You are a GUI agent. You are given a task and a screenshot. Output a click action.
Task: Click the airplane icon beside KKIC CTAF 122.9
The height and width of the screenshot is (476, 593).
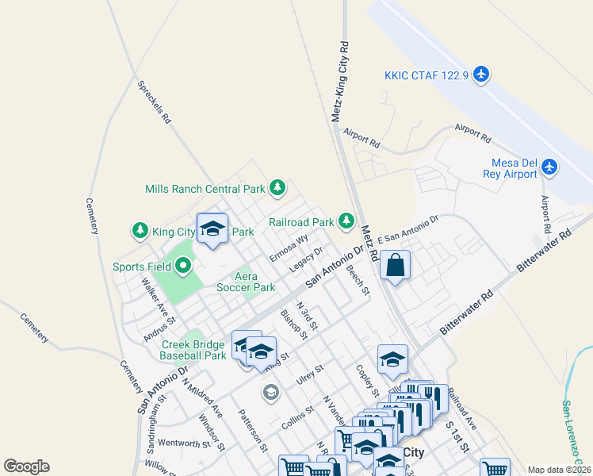tap(481, 75)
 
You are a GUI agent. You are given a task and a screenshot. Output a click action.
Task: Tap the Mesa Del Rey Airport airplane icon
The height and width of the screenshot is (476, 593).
tap(550, 167)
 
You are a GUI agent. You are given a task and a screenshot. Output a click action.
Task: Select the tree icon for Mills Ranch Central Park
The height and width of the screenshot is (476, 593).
tap(277, 188)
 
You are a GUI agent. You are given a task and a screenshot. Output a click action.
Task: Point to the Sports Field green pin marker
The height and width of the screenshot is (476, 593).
tap(184, 267)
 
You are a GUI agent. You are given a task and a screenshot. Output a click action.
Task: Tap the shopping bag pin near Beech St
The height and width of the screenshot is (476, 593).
tap(395, 266)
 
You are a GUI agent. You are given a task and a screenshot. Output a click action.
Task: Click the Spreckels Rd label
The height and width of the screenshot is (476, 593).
tap(155, 102)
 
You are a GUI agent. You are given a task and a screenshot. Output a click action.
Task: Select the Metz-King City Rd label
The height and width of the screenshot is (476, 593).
tap(339, 80)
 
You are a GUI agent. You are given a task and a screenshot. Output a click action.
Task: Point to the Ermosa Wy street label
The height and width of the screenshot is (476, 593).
tap(289, 247)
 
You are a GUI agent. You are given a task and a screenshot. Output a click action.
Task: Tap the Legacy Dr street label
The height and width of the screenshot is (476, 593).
tap(307, 259)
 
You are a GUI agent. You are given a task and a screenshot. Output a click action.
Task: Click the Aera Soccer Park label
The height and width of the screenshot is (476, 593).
tap(246, 282)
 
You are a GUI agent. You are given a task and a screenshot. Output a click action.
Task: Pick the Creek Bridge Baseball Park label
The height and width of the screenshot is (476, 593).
tap(194, 350)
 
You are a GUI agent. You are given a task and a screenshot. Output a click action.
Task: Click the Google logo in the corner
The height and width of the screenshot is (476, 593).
tap(26, 466)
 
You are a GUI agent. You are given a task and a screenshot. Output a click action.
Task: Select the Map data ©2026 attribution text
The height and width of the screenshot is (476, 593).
tap(559, 470)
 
